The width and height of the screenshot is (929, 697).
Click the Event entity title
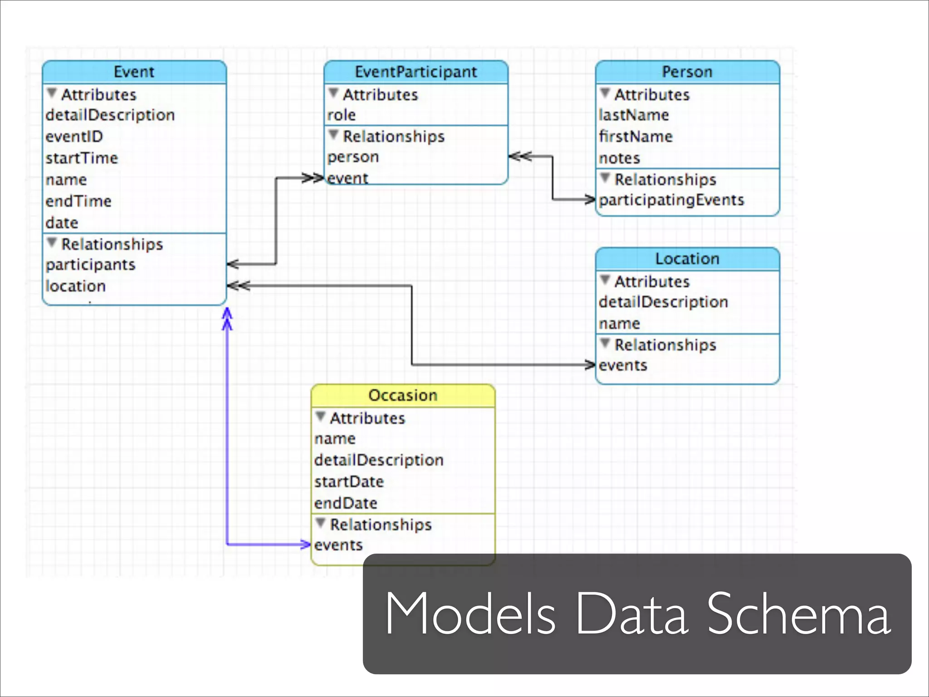[x=134, y=72]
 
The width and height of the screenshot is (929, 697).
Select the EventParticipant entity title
[x=416, y=72]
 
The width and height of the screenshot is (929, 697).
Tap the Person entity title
[x=687, y=72]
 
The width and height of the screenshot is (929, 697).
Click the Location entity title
[x=687, y=259]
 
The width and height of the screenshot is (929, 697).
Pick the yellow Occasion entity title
[x=403, y=395]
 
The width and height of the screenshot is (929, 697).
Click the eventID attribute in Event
[x=74, y=137]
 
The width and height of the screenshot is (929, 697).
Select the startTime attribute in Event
[x=82, y=158]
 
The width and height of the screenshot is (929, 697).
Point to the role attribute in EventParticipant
[x=342, y=115]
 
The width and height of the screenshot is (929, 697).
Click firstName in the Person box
[x=636, y=137]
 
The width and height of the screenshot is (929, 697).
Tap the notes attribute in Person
[x=619, y=158]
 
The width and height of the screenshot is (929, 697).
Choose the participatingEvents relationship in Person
[x=671, y=200]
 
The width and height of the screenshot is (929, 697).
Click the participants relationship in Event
[x=91, y=265]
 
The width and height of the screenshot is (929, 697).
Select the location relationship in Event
[x=76, y=286]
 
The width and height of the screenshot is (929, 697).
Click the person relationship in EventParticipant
[x=353, y=157]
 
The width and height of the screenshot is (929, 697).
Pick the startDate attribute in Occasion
[x=349, y=482]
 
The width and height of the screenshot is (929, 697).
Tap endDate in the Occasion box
[x=346, y=503]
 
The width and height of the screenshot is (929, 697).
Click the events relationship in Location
[x=623, y=366]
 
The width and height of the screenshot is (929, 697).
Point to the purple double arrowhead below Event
[x=227, y=319]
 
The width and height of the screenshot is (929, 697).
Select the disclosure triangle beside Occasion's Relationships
[x=321, y=523]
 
